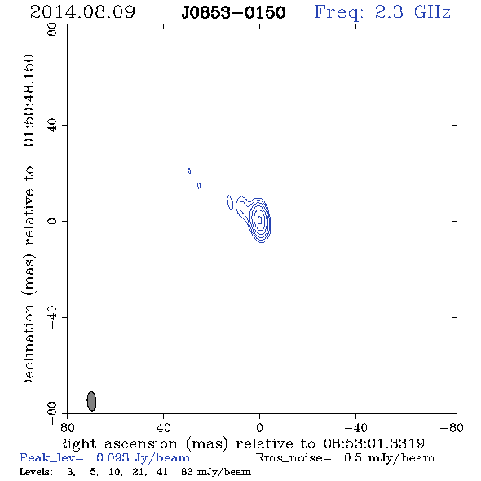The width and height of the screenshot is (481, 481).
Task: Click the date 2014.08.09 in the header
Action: (x=82, y=12)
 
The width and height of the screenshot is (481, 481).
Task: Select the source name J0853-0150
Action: (x=233, y=13)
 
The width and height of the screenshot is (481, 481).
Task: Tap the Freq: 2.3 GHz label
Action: (x=382, y=13)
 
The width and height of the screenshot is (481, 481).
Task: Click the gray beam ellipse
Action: (x=91, y=401)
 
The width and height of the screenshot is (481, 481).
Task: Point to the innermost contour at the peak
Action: (x=260, y=219)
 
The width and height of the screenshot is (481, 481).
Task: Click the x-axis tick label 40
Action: (x=163, y=427)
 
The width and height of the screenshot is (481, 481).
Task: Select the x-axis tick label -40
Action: (x=355, y=427)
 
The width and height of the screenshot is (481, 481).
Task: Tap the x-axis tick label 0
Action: (x=259, y=427)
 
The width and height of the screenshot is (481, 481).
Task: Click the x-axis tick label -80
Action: (x=452, y=427)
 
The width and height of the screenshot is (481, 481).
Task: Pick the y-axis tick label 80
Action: (x=52, y=29)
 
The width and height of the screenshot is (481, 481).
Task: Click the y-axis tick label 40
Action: (x=52, y=126)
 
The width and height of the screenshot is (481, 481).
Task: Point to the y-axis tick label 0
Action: (x=52, y=221)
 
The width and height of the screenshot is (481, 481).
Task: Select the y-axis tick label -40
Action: (x=52, y=317)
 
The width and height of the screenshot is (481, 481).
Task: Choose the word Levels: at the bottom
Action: (x=36, y=471)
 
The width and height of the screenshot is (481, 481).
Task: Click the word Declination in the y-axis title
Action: (x=29, y=346)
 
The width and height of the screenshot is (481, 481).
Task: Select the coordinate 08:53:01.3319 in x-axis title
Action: (x=373, y=443)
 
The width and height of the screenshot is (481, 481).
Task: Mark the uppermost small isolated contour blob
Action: (x=189, y=170)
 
